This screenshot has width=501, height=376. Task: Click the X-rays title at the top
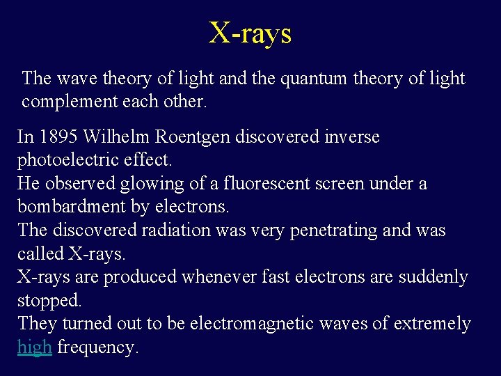click(x=250, y=33)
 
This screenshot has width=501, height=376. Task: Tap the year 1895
click(x=56, y=136)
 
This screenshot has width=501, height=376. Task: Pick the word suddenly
click(x=433, y=277)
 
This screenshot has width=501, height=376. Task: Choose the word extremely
click(x=432, y=324)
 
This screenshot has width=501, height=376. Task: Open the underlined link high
click(x=35, y=347)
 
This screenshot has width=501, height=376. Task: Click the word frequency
click(x=97, y=347)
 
